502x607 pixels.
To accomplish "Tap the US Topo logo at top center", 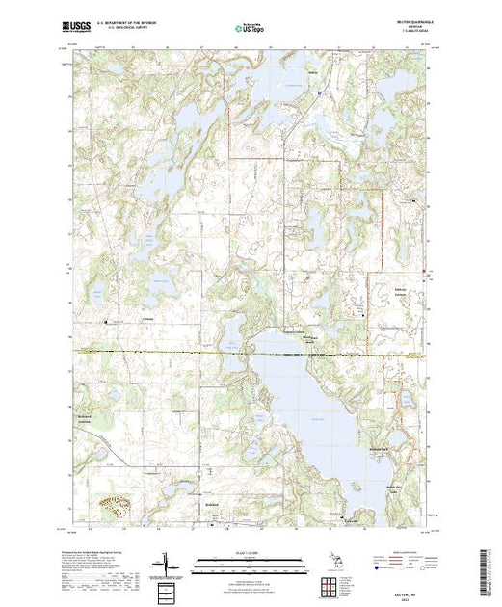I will (x=250, y=30).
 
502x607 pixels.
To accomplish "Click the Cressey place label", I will (x=148, y=321).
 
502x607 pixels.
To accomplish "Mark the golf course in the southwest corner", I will (x=114, y=505).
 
